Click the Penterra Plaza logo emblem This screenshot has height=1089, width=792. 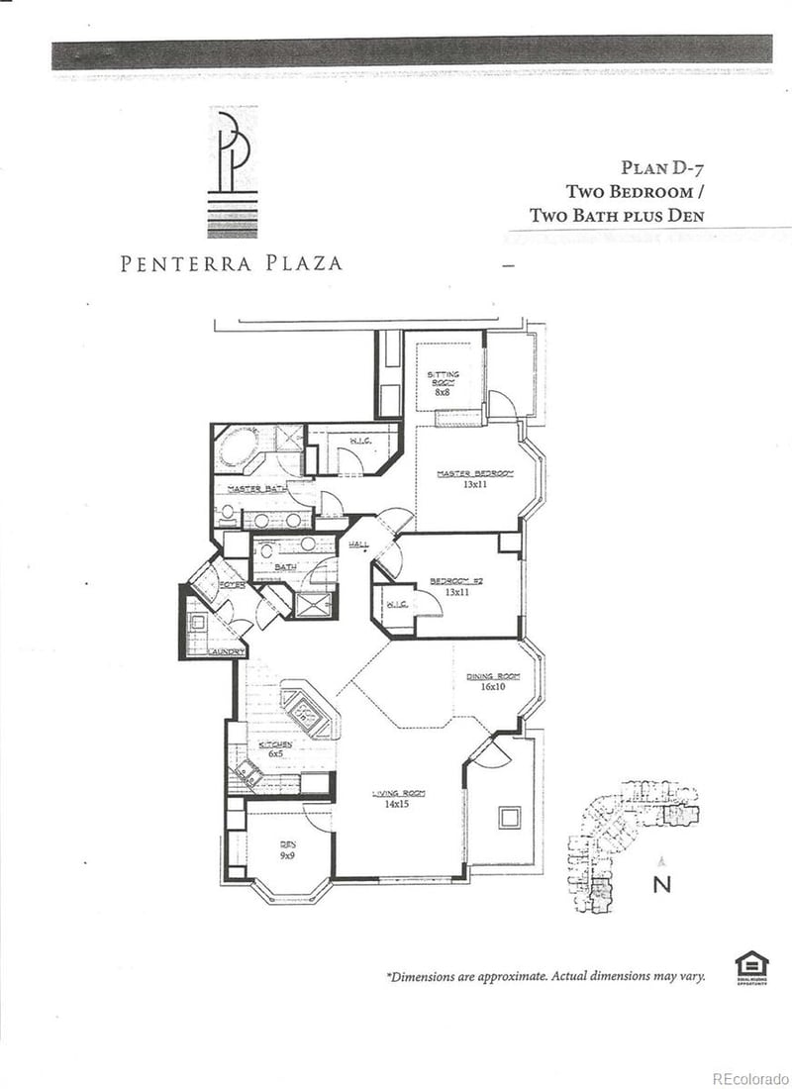pyautogui.click(x=234, y=173)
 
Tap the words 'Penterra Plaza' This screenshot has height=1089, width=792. pyautogui.click(x=232, y=263)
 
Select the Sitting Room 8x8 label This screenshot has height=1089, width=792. pyautogui.click(x=443, y=382)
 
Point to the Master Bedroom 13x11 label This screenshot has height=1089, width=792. pyautogui.click(x=476, y=479)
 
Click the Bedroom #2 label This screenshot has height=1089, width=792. pyautogui.click(x=456, y=586)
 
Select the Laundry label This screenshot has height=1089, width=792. pyautogui.click(x=227, y=650)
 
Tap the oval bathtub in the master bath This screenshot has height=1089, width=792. pyautogui.click(x=239, y=445)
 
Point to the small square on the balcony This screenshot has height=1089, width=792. pyautogui.click(x=509, y=817)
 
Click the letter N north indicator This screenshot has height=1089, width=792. pyautogui.click(x=662, y=884)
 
